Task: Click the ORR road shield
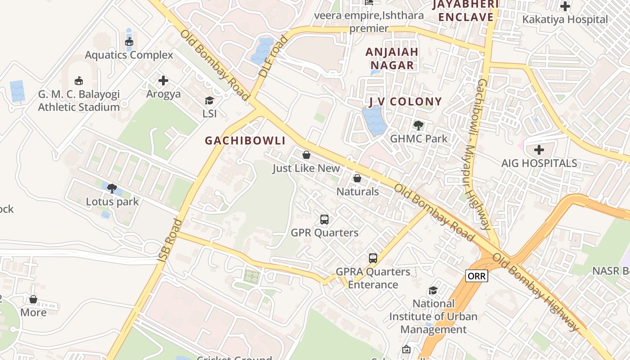point(476,276)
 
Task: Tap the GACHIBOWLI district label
point(245,141)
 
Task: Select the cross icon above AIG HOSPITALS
point(539,150)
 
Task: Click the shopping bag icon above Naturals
point(357,179)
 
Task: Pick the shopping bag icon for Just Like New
point(306,155)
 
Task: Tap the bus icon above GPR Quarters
point(324,220)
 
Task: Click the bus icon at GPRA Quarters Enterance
point(373,258)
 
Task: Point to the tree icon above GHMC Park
point(418,125)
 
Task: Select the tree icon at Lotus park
point(112,188)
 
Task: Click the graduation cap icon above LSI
point(209,100)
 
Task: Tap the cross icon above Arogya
point(163,81)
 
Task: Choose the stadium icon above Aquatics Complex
point(129,42)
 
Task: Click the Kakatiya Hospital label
point(565,19)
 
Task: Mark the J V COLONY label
point(405,102)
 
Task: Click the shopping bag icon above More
point(33,299)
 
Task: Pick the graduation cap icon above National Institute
point(433,290)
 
